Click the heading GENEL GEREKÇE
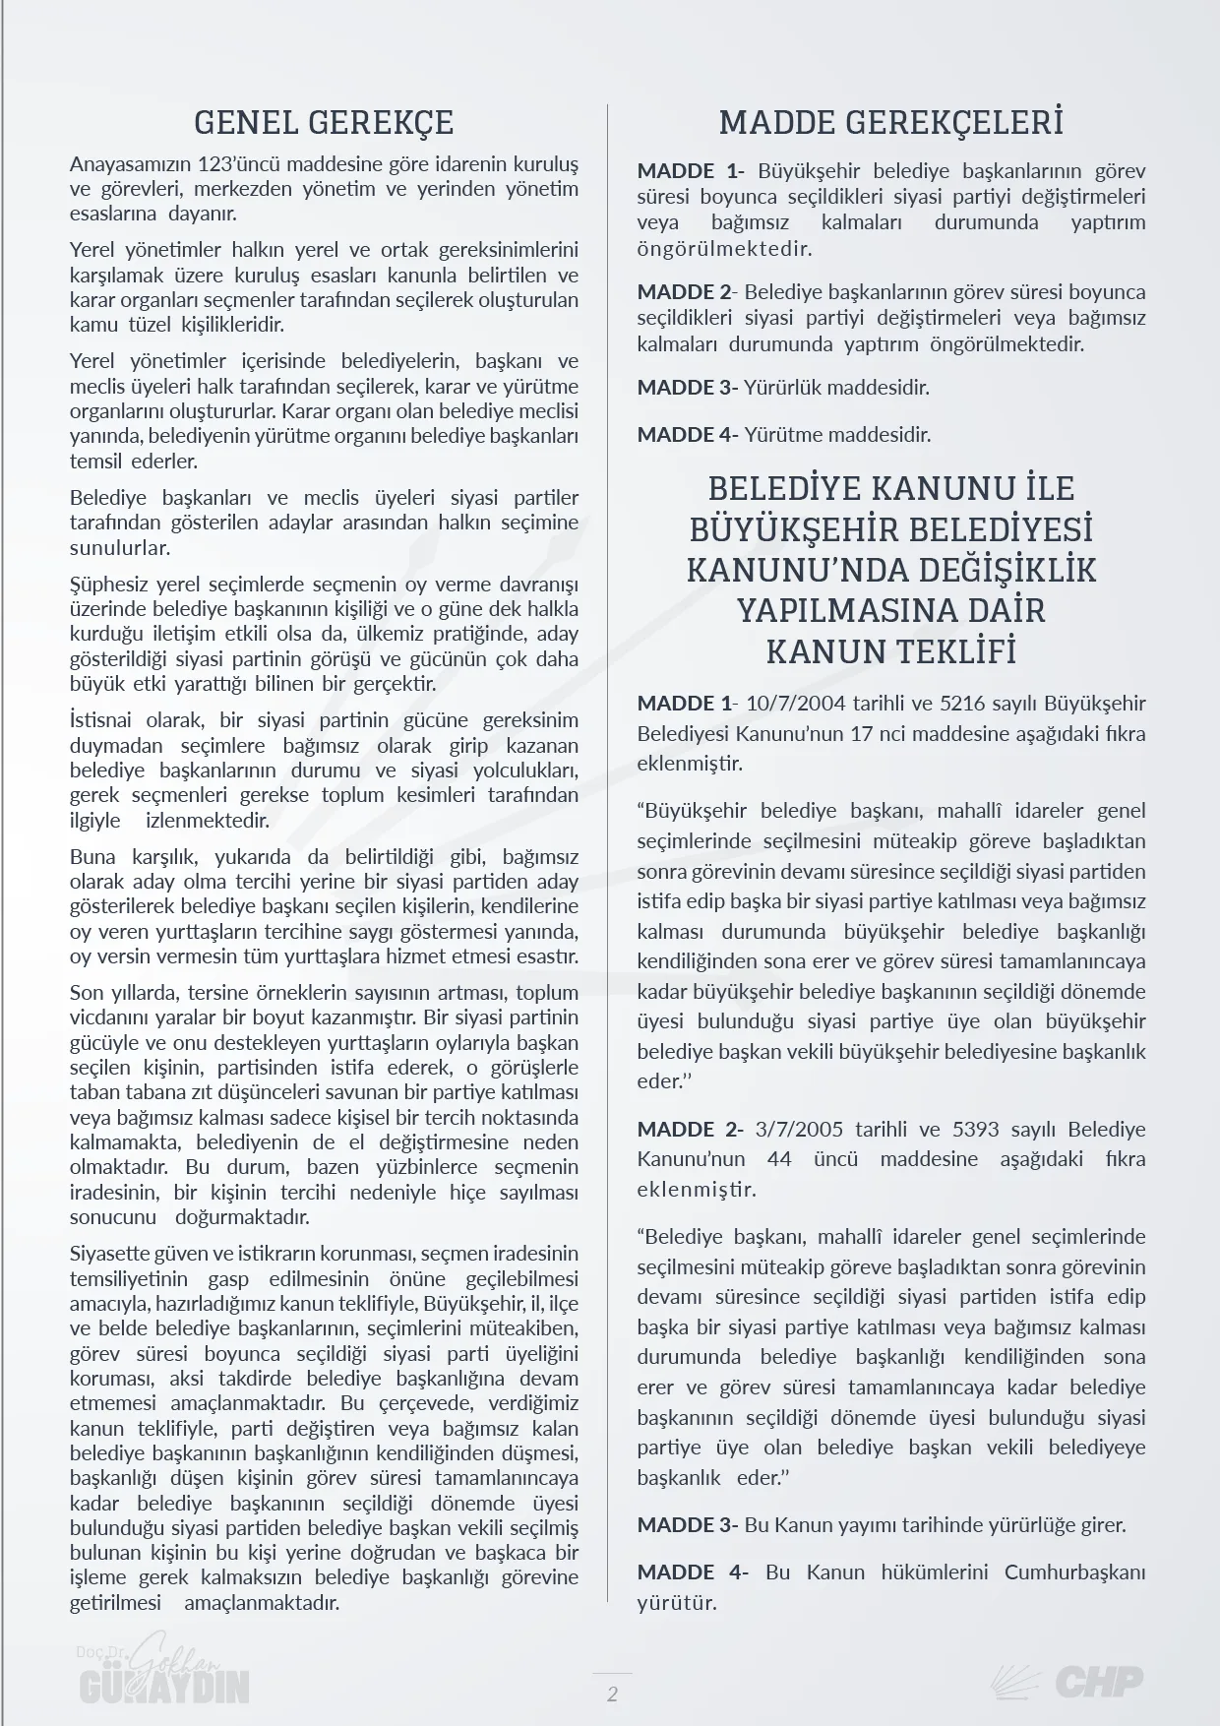[324, 123]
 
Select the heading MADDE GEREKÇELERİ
[891, 123]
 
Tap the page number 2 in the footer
[612, 1694]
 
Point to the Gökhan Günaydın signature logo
[163, 1673]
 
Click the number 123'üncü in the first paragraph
[245, 163]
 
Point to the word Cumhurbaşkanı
[1074, 1572]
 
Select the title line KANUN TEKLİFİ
[890, 652]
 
